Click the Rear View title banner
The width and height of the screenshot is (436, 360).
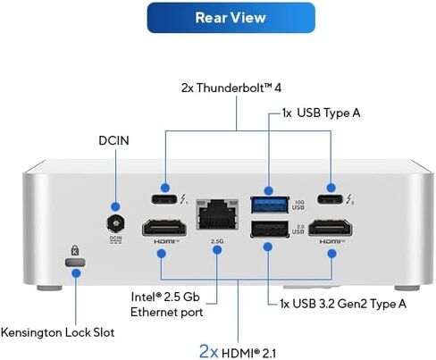pyautogui.click(x=231, y=18)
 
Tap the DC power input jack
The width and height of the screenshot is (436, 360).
pyautogui.click(x=116, y=223)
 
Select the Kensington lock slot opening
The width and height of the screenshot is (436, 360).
pyautogui.click(x=75, y=263)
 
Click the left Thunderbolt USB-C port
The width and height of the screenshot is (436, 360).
pyautogui.click(x=164, y=198)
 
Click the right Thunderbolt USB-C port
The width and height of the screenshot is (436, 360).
pyautogui.click(x=330, y=198)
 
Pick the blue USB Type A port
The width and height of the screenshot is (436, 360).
pyautogui.click(x=270, y=205)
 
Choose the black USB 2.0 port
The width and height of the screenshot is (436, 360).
pyautogui.click(x=270, y=229)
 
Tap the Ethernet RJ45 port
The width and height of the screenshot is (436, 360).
pyautogui.click(x=217, y=214)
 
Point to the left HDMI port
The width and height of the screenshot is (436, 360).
pyautogui.click(x=164, y=229)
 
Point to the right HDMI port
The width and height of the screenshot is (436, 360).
pyautogui.click(x=330, y=229)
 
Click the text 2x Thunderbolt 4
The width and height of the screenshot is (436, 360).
pyautogui.click(x=231, y=88)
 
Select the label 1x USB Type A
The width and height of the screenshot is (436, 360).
pyautogui.click(x=321, y=113)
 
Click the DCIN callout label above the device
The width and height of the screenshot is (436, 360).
pyautogui.click(x=113, y=140)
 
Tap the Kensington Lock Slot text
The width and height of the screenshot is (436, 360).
pyautogui.click(x=57, y=332)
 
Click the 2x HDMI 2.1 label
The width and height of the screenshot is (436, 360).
pyautogui.click(x=238, y=352)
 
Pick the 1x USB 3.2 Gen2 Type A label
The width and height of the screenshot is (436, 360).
pyautogui.click(x=343, y=304)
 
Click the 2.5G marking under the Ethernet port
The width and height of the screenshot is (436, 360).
pyautogui.click(x=217, y=241)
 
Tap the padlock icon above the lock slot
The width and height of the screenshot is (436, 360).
pyautogui.click(x=75, y=250)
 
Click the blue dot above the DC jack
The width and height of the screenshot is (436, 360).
pyautogui.click(x=115, y=206)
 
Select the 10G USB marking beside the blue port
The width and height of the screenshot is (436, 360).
pyautogui.click(x=298, y=205)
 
